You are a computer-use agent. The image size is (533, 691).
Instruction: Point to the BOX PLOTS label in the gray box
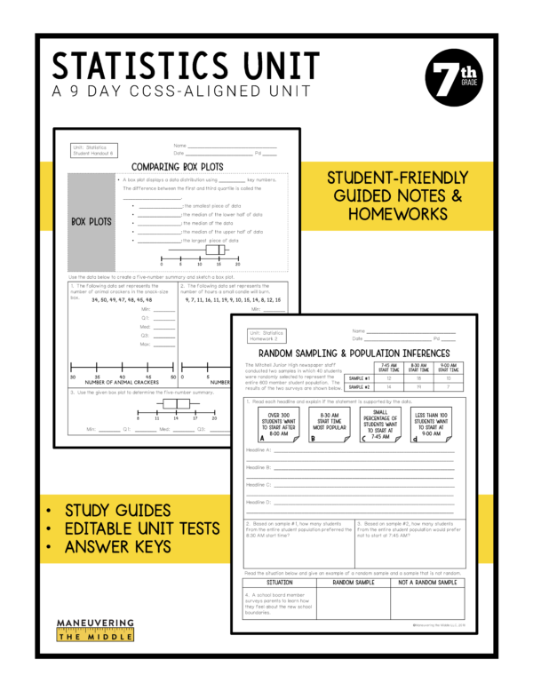click(91, 222)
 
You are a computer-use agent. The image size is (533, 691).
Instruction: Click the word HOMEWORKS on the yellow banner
click(397, 214)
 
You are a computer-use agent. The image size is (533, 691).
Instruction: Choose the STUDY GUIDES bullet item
click(117, 510)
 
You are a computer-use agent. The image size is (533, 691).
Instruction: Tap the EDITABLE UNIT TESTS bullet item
click(143, 528)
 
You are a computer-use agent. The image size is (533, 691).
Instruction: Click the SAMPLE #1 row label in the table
click(359, 377)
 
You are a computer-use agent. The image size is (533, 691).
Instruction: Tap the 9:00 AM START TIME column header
click(446, 367)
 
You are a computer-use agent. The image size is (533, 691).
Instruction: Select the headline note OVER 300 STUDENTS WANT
click(277, 423)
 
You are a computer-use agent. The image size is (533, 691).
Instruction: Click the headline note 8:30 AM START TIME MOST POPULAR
click(328, 423)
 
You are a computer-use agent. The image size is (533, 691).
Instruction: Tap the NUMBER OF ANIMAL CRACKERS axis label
click(123, 382)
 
